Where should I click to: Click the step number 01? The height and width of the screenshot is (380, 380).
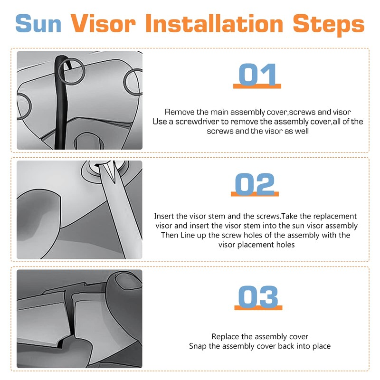(257, 75)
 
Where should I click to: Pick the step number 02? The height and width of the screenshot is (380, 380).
(255, 184)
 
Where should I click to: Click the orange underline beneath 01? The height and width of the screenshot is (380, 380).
(257, 86)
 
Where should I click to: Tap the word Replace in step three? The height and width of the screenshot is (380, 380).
(225, 336)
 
